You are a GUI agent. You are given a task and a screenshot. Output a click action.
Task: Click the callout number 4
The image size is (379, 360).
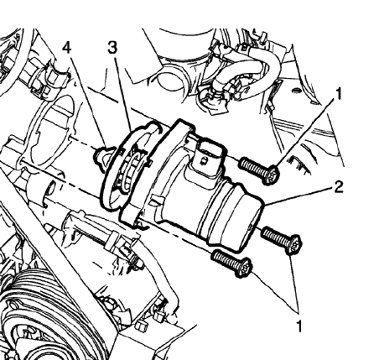click(x=66, y=48)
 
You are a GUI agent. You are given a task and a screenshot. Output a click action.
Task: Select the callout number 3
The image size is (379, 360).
click(x=112, y=48)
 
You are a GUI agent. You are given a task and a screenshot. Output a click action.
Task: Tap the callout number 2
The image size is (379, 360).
click(x=339, y=187)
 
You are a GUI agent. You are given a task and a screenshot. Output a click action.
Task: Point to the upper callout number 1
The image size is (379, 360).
click(x=339, y=94)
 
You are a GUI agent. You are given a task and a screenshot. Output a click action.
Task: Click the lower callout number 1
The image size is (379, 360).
click(x=299, y=326)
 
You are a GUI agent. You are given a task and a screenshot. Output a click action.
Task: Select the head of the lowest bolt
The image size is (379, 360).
click(x=243, y=268)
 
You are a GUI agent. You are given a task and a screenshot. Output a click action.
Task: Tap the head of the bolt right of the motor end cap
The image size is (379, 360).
click(x=293, y=245)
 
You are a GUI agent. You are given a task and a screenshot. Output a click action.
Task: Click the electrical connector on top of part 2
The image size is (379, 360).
click(x=207, y=159)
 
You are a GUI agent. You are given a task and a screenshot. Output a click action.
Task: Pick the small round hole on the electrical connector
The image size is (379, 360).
click(x=205, y=160)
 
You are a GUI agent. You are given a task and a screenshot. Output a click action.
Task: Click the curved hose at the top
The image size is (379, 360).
click(x=246, y=70)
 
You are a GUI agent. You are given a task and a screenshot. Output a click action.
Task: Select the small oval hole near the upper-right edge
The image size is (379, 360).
click(x=296, y=91)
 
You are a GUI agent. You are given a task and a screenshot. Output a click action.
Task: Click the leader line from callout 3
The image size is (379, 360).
click(x=124, y=91)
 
